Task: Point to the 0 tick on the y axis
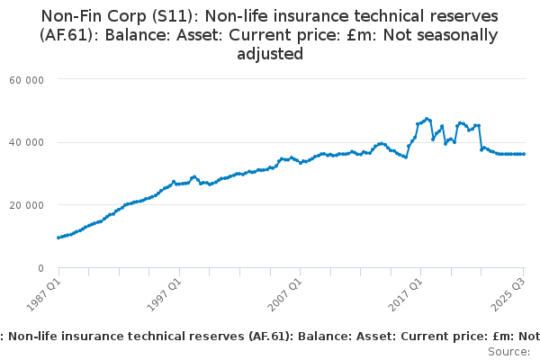coord(41,268)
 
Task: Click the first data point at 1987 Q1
coord(58,238)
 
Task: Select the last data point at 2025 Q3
coord(524,154)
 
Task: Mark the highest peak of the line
coord(427,118)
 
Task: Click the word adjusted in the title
coord(270,54)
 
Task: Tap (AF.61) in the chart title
coord(69,35)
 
